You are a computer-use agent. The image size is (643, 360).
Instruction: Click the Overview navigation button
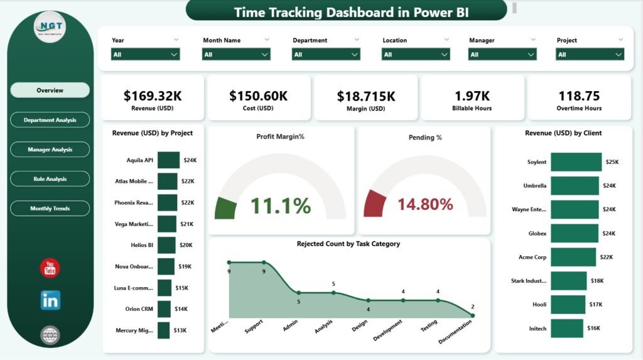tap(50, 90)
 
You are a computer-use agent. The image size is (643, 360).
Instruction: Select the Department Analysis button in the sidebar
tap(50, 120)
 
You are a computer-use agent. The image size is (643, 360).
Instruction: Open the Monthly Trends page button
tap(50, 209)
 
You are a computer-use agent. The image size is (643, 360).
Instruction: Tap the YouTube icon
tap(50, 268)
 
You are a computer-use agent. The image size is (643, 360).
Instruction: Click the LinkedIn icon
tap(50, 300)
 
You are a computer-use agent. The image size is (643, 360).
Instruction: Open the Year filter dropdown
tap(146, 55)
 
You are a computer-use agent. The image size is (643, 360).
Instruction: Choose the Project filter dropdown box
tap(590, 55)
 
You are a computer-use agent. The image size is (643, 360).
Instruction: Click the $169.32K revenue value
tap(153, 95)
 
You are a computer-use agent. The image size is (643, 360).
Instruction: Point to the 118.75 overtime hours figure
tap(579, 95)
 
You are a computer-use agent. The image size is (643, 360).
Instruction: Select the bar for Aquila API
tap(168, 160)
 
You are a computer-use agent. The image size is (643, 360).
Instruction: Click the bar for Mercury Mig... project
tap(163, 330)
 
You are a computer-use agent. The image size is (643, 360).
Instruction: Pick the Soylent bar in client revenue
tap(576, 162)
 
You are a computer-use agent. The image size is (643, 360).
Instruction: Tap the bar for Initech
tap(566, 329)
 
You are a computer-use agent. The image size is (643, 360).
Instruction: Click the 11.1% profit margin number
tap(281, 205)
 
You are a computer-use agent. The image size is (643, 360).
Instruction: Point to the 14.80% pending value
tap(425, 204)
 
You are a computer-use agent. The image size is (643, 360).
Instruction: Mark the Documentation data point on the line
tap(472, 315)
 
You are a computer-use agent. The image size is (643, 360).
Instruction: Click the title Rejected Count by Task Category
tap(348, 244)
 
